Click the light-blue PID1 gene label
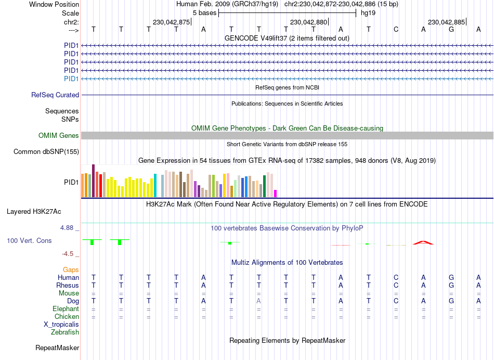tap(71, 79)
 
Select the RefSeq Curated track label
tap(55, 95)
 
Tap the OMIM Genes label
tap(59, 136)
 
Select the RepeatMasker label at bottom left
tap(57, 348)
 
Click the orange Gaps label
tap(71, 269)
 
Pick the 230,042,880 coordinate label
tap(309, 22)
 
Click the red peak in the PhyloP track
tap(423, 242)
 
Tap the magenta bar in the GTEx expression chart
tap(276, 194)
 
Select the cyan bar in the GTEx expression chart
tap(155, 186)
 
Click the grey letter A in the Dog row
tap(258, 301)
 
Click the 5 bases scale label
tap(204, 12)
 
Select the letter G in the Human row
tap(451, 278)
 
